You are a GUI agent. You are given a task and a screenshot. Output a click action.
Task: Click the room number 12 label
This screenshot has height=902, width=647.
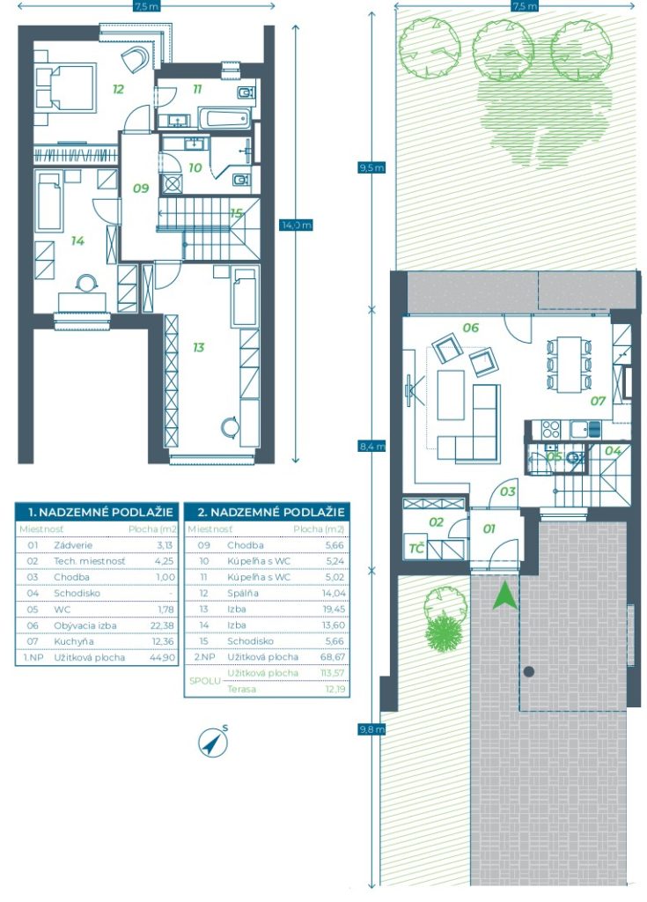pyautogui.click(x=118, y=89)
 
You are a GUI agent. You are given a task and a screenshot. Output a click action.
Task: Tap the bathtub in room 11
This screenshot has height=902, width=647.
pyautogui.click(x=224, y=119)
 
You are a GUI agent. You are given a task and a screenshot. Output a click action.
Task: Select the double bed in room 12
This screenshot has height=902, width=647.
pyautogui.click(x=64, y=86)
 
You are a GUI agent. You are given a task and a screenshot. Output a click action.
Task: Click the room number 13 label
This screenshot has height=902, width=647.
pyautogui.click(x=198, y=347)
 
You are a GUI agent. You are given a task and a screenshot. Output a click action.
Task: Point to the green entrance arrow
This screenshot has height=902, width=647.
pyautogui.click(x=504, y=596)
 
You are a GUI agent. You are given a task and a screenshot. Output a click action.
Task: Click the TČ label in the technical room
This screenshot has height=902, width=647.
pyautogui.click(x=416, y=548)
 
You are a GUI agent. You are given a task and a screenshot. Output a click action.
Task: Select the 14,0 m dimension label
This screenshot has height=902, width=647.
pyautogui.click(x=296, y=225)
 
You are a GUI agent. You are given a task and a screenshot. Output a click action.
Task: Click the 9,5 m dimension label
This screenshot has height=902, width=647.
pyautogui.click(x=371, y=167)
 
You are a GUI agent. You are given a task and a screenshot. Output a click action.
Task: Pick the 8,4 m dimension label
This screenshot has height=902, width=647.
pyautogui.click(x=371, y=446)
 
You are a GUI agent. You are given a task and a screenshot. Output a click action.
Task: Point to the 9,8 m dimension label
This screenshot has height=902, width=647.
pyautogui.click(x=371, y=729)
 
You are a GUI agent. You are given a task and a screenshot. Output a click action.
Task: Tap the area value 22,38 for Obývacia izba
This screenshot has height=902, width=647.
pyautogui.click(x=162, y=625)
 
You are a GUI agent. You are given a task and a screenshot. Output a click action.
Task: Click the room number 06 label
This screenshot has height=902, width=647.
pyautogui.click(x=470, y=328)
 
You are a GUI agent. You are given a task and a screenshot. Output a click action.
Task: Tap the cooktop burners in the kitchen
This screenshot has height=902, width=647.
pyautogui.click(x=550, y=429)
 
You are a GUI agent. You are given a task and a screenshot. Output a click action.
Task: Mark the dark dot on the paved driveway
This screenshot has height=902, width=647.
pyautogui.click(x=529, y=671)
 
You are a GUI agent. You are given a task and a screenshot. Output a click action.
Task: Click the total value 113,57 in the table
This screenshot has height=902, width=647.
pyautogui.click(x=333, y=672)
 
